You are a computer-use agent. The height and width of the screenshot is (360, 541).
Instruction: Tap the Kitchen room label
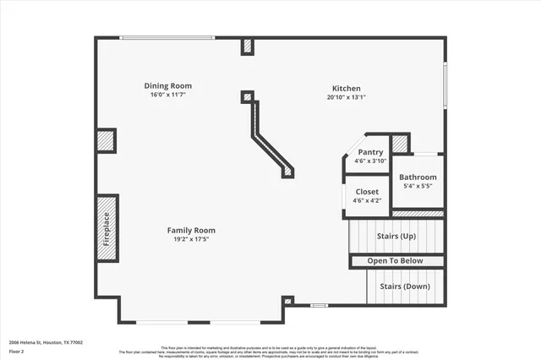coord(346,88)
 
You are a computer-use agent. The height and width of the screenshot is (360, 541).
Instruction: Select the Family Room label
coord(191,230)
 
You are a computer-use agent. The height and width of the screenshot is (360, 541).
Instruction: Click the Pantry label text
coord(370,152)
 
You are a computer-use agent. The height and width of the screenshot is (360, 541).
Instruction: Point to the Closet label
coord(367,192)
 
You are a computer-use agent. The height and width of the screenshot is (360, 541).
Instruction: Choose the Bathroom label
coord(418,177)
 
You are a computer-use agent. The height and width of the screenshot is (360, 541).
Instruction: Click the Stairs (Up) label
coord(397,236)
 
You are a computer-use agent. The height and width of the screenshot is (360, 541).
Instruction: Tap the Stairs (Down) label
coord(404,286)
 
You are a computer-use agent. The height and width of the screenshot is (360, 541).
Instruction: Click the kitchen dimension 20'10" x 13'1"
coord(346,97)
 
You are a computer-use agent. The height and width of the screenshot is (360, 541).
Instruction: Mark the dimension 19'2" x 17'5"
coord(191,240)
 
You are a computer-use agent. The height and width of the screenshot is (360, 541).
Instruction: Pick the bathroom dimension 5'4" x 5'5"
coord(418,186)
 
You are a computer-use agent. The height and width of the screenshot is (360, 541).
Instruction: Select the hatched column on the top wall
coord(247,46)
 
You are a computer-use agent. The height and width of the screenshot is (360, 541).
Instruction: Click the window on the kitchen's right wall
coord(445,85)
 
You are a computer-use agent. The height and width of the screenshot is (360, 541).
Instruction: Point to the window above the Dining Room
coord(167,37)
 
